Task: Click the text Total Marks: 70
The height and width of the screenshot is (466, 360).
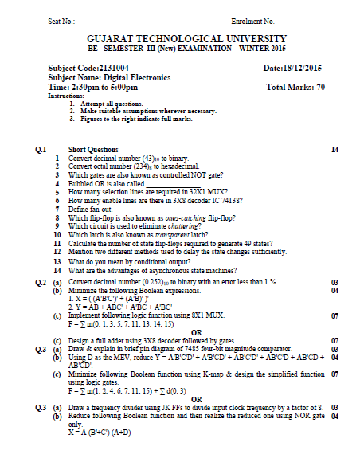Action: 295,87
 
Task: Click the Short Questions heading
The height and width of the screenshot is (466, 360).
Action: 93,150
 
